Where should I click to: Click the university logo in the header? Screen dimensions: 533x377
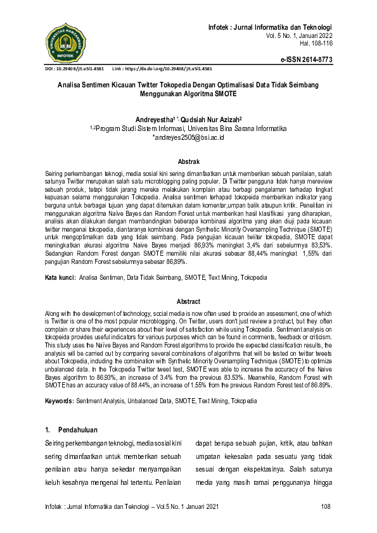pyautogui.click(x=65, y=41)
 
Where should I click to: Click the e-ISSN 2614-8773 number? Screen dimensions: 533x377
pyautogui.click(x=307, y=59)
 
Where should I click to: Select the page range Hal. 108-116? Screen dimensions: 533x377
pyautogui.click(x=314, y=44)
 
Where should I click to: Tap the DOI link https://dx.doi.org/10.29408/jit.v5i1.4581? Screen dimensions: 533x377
pyautogui.click(x=172, y=68)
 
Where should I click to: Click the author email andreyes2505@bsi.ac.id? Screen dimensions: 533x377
pyautogui.click(x=188, y=137)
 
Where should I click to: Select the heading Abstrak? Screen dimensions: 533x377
pyautogui.click(x=188, y=162)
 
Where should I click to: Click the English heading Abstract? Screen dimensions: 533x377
pyautogui.click(x=188, y=302)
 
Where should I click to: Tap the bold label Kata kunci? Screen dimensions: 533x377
pyautogui.click(x=60, y=278)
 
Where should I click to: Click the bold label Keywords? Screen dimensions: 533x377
pyautogui.click(x=60, y=401)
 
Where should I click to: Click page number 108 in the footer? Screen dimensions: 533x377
pyautogui.click(x=326, y=506)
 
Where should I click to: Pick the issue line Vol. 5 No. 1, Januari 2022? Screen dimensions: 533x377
pyautogui.click(x=297, y=36)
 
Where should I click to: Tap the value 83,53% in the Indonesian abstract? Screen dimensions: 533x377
pyautogui.click(x=317, y=245)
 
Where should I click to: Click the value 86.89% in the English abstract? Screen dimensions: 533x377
pyautogui.click(x=317, y=385)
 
